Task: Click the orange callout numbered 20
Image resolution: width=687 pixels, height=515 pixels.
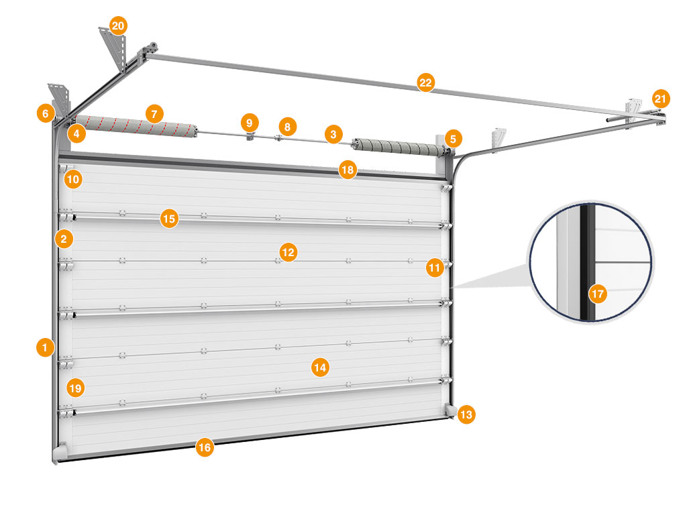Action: click(x=118, y=26)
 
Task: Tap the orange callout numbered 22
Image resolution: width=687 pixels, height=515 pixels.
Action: click(x=425, y=82)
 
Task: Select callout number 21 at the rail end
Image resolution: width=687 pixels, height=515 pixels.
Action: click(x=660, y=99)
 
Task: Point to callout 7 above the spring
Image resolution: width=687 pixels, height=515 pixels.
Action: click(x=154, y=114)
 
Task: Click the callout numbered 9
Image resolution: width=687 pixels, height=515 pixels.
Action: click(x=250, y=123)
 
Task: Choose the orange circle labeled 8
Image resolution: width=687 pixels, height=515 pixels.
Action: click(x=287, y=127)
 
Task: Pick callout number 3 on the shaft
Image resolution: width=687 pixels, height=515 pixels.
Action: click(x=333, y=134)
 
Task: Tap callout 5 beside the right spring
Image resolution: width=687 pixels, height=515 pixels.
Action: click(x=453, y=139)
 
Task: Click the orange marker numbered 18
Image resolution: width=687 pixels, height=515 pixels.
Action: click(x=348, y=170)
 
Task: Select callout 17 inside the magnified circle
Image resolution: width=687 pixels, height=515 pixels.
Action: click(x=598, y=294)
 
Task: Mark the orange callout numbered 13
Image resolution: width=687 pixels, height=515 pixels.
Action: click(x=466, y=414)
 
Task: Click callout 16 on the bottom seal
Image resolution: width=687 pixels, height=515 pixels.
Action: click(x=205, y=447)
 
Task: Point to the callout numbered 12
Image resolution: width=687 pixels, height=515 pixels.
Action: click(x=288, y=252)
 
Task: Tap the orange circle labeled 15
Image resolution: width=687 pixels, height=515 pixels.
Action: click(x=170, y=219)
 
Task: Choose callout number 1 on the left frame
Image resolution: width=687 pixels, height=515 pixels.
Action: click(x=45, y=348)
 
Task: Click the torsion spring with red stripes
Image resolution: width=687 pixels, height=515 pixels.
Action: click(x=136, y=126)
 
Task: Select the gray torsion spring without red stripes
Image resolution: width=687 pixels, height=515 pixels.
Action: click(x=400, y=147)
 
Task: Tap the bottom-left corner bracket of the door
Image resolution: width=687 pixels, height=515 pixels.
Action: click(x=60, y=452)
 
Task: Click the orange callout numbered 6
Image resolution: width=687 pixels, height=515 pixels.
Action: click(x=46, y=113)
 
